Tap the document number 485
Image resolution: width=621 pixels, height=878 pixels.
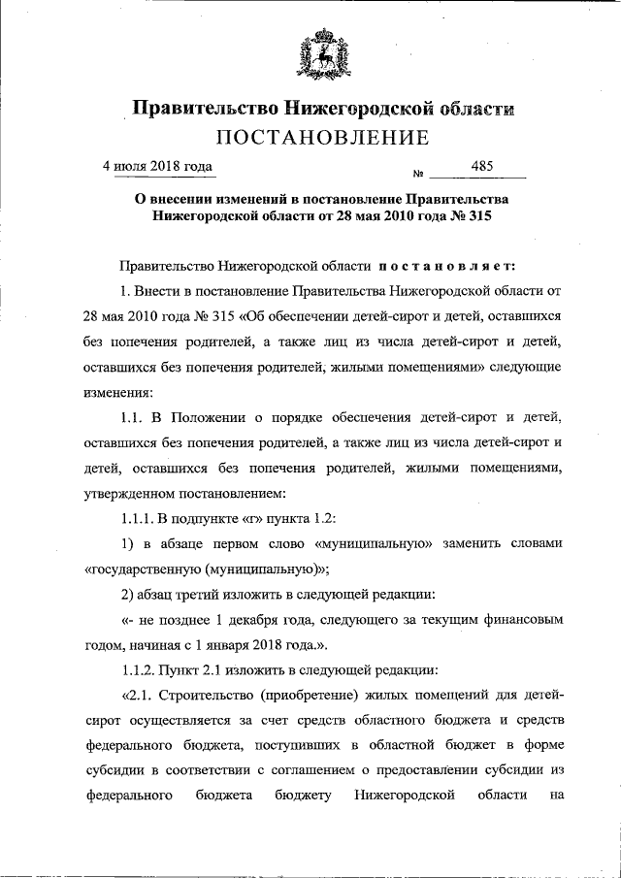[482, 166]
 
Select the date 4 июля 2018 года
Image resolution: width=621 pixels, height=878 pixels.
[158, 166]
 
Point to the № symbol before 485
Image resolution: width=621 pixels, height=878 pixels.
[420, 175]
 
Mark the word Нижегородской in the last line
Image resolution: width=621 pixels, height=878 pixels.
[405, 796]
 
